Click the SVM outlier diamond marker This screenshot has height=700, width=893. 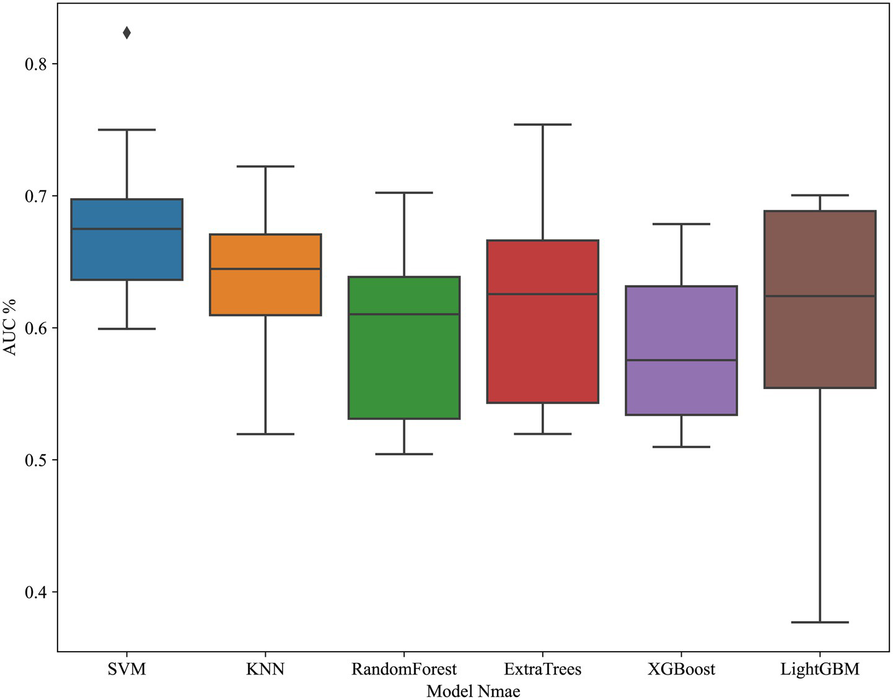point(126,33)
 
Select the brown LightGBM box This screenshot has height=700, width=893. point(820,341)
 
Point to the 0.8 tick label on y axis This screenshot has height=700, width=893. point(36,64)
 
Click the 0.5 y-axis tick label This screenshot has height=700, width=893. point(36,460)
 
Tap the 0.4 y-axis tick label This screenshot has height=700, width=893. point(36,592)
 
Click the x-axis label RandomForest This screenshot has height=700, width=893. point(404,670)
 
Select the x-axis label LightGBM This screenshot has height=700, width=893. point(820,670)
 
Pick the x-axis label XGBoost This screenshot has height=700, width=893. point(681,670)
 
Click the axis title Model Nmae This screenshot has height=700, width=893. point(473,691)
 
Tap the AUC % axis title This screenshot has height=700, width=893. point(10,328)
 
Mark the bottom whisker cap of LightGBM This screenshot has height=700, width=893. point(820,622)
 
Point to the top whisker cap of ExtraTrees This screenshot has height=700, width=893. point(542,125)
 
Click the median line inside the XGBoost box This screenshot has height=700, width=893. point(681,360)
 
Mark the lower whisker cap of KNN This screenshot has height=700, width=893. point(265,434)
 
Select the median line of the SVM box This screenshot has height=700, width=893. point(126,229)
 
